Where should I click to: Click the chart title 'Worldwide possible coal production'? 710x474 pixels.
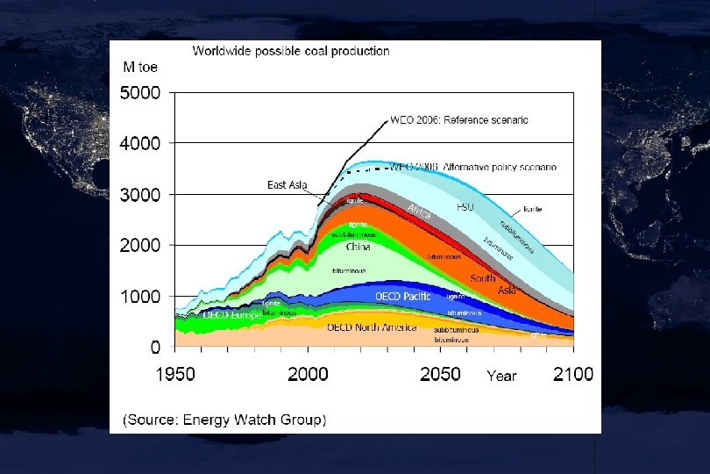pos(291,51)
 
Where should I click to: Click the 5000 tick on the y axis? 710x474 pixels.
pos(140,92)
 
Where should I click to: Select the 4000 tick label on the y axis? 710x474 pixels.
pos(140,143)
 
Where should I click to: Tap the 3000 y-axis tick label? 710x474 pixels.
pos(140,195)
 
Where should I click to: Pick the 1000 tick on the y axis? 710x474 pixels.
pos(140,298)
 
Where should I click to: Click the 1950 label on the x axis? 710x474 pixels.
pos(175,374)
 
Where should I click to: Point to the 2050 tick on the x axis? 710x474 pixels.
pos(440,374)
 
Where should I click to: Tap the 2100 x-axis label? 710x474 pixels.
pos(572,374)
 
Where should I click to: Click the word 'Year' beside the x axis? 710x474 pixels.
pos(501,376)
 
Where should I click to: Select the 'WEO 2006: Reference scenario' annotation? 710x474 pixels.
pos(458,119)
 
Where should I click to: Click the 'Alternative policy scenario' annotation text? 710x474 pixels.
pos(500,166)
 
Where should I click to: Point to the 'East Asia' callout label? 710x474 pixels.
pos(287,185)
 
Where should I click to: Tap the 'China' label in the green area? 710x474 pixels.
pos(358,248)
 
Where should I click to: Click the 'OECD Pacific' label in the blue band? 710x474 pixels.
pos(403,297)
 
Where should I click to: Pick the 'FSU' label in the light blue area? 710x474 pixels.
pos(465,207)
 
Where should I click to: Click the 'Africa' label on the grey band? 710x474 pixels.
pos(419,212)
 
